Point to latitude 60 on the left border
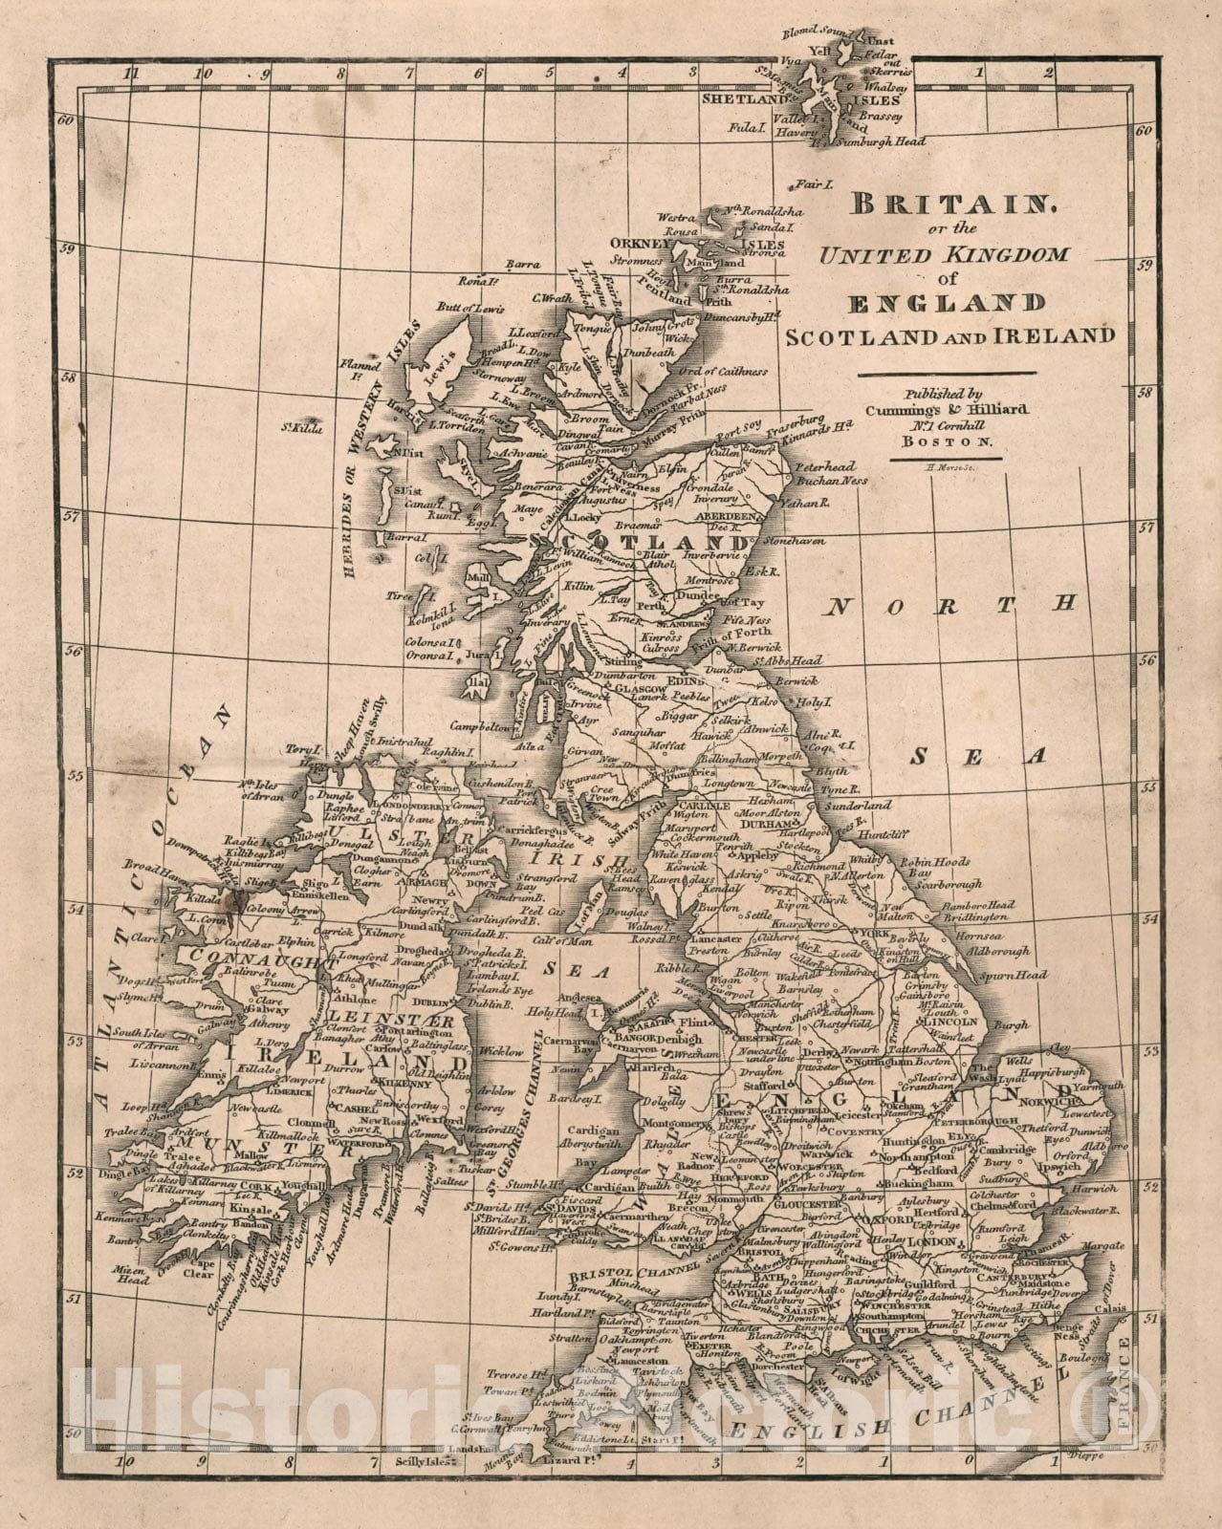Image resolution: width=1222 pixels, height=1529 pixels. [x=66, y=121]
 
